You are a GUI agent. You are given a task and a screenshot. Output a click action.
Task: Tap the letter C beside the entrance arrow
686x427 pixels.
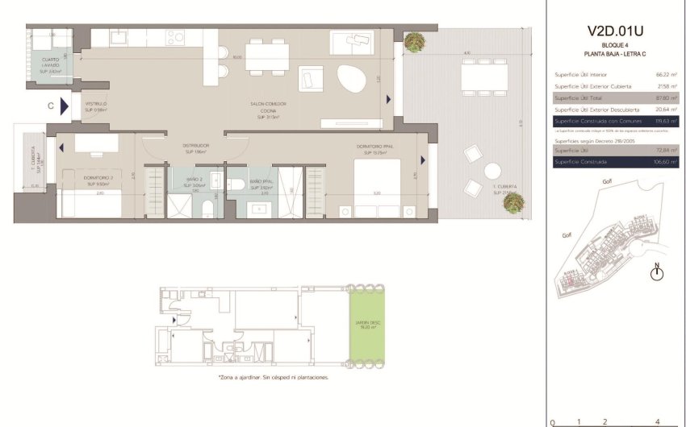[x=51, y=105]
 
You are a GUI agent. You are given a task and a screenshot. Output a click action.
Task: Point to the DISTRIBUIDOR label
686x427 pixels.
[x=195, y=147]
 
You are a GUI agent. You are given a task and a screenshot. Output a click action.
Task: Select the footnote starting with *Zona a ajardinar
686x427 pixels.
[x=273, y=377]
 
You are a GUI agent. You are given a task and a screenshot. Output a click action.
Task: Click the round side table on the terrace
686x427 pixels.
[x=492, y=170]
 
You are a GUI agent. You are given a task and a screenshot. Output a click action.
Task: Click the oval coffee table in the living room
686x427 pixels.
[x=349, y=78]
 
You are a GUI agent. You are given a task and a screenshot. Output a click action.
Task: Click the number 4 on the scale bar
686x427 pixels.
[x=658, y=421]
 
